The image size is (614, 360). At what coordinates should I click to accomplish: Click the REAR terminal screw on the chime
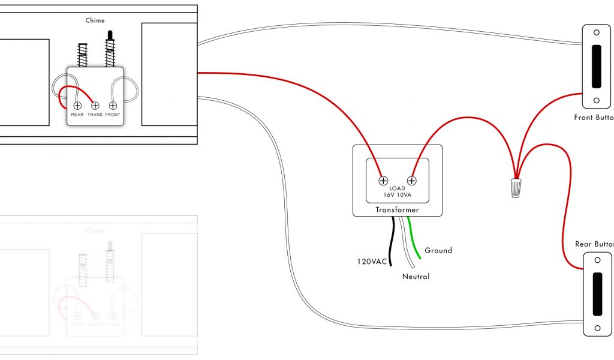pos(77,106)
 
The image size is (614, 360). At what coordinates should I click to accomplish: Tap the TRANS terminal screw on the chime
pos(95,106)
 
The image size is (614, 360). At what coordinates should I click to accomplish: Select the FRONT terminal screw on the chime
pos(112,106)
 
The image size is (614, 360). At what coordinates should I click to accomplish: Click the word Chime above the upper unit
pos(95,20)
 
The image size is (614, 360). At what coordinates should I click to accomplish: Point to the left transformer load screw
pos(383,180)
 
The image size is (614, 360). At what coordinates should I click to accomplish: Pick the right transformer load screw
pos(412,180)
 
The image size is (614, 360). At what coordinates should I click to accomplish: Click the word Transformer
pos(397,210)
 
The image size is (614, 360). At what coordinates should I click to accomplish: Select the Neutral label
pos(416,277)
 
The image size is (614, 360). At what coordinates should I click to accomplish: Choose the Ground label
pos(438,250)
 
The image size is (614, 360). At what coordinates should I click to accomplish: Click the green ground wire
pos(414,240)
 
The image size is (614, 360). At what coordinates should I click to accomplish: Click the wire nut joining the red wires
pos(515,188)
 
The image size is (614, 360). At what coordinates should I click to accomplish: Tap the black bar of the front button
pos(597,66)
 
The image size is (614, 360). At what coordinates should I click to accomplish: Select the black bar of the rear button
pos(597,294)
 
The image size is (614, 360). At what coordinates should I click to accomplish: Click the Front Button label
pos(594,118)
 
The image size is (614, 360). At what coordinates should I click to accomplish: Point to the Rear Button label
pos(594,244)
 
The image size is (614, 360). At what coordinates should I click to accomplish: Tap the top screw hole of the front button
pos(597,33)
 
